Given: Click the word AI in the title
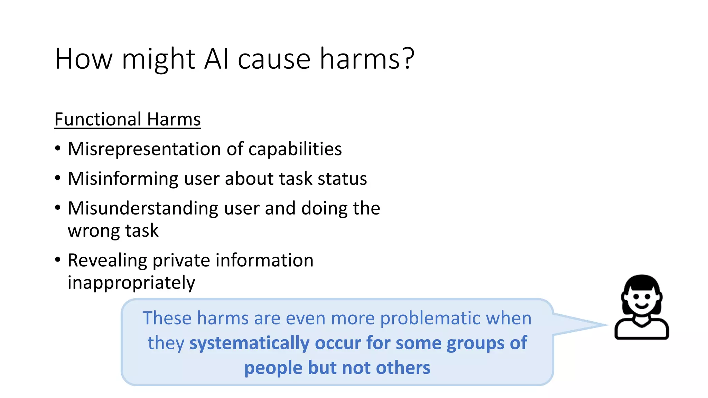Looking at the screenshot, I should (216, 59).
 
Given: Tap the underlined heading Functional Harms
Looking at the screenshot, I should (127, 120).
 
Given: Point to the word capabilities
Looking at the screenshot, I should (295, 149).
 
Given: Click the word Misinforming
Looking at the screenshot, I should (123, 179).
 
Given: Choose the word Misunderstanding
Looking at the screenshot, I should (143, 209).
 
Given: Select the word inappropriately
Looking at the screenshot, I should (131, 283).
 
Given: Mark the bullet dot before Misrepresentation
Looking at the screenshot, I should (58, 149).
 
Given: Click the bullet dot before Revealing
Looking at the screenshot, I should (58, 260).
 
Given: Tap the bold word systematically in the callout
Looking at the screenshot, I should (249, 343).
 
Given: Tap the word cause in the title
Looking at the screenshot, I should (274, 59).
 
